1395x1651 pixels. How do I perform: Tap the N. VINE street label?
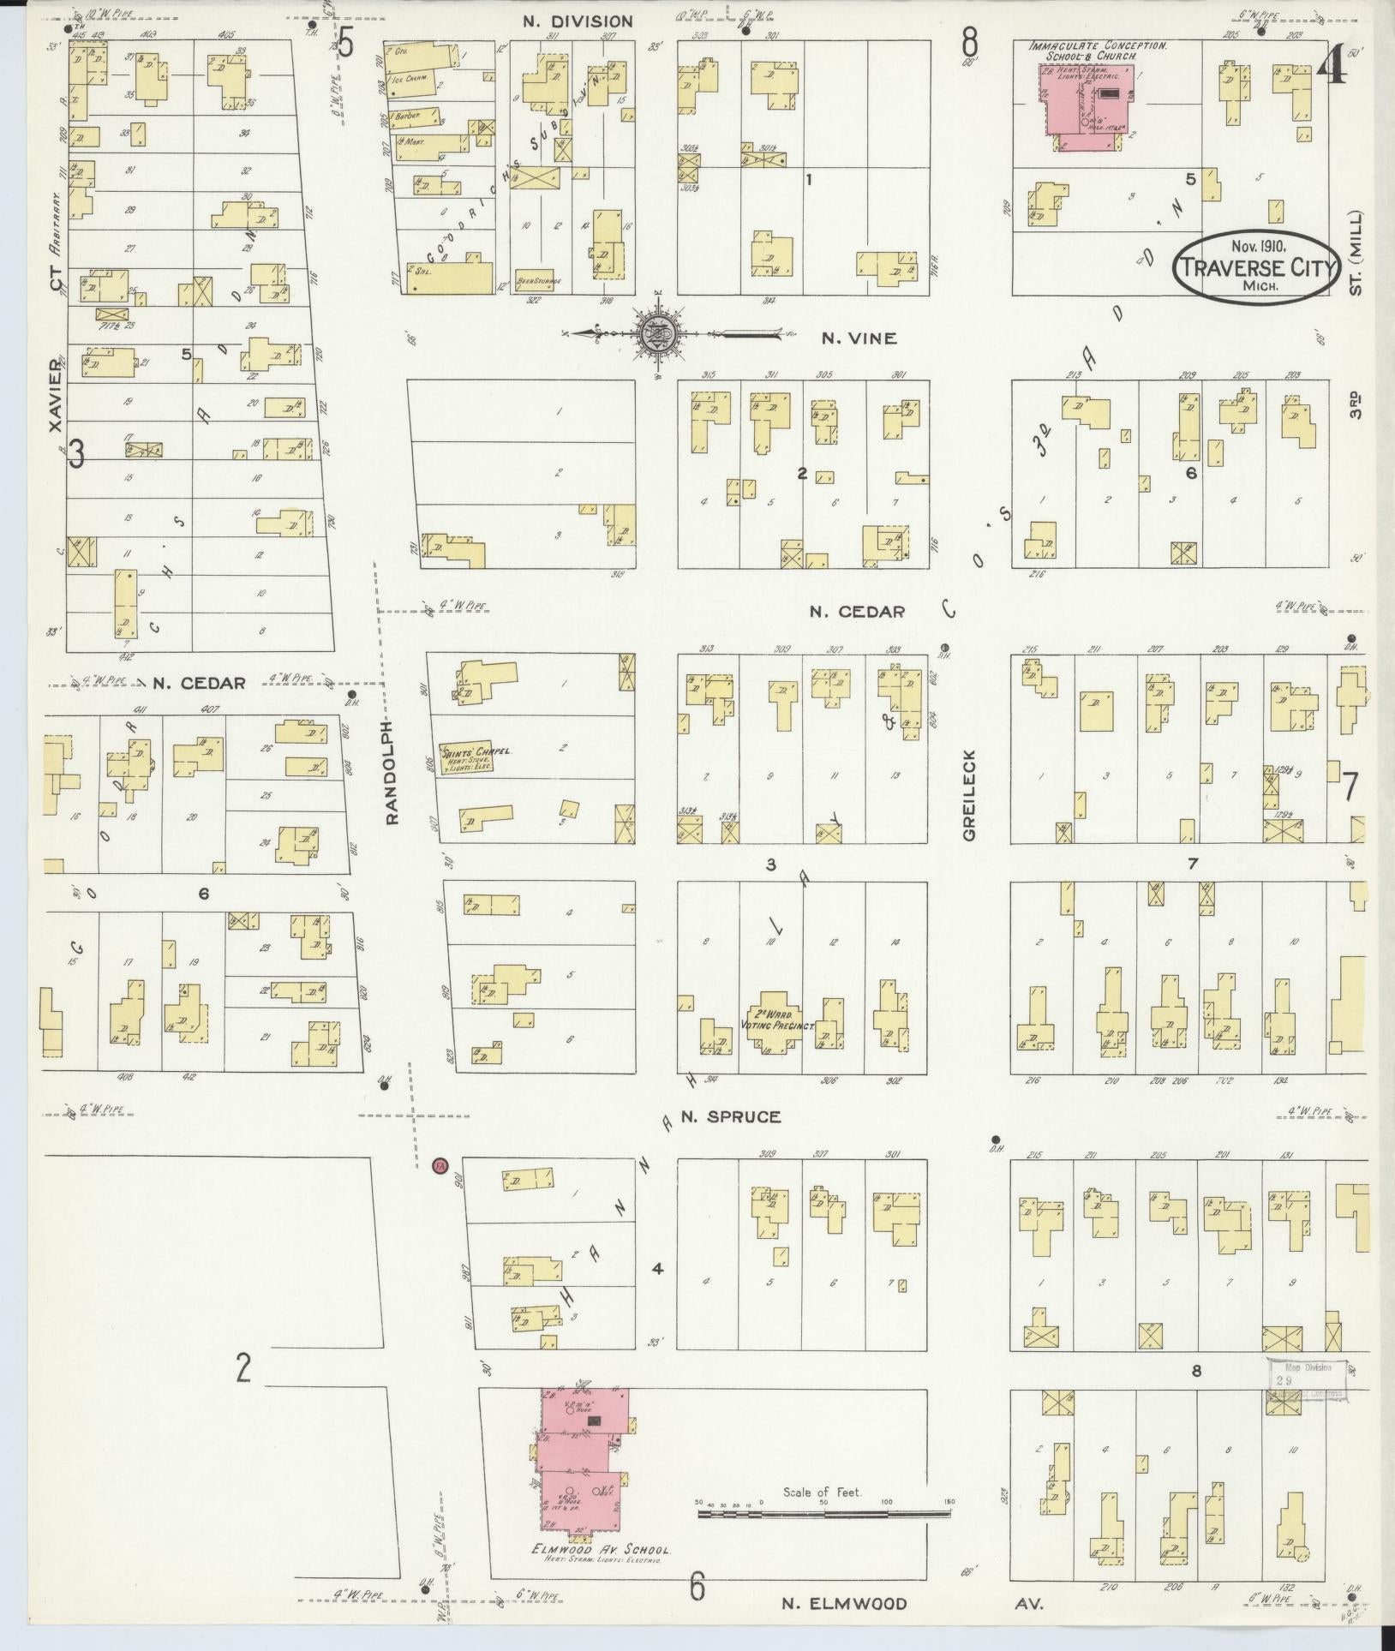[859, 338]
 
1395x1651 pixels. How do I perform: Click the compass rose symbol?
[658, 333]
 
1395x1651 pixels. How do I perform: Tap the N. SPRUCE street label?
[731, 1116]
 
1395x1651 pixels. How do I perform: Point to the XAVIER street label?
[57, 394]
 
